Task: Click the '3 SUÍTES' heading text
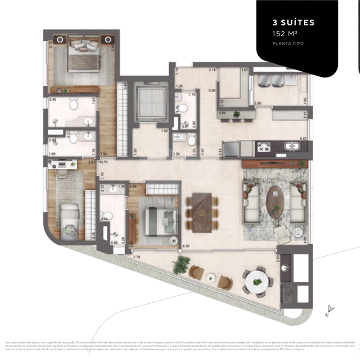(x=293, y=22)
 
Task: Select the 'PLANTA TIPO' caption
(x=288, y=44)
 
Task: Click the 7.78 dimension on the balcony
(x=137, y=257)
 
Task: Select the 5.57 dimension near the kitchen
(x=303, y=139)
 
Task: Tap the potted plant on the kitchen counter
(x=237, y=114)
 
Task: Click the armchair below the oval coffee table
(x=283, y=234)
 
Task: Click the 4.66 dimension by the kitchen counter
(x=222, y=113)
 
